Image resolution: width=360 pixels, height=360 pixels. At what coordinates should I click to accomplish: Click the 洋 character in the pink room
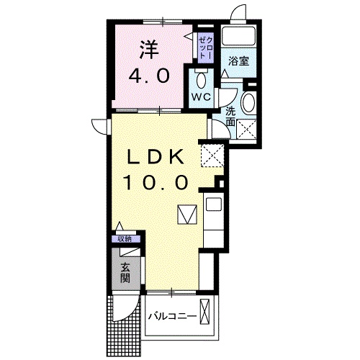(148, 48)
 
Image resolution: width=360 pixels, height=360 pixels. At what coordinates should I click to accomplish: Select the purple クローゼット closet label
(204, 46)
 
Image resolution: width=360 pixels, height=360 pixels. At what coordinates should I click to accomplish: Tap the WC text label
(200, 96)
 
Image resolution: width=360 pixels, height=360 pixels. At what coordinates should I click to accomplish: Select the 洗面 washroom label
(230, 117)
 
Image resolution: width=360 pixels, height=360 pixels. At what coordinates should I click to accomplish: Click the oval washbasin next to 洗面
(248, 103)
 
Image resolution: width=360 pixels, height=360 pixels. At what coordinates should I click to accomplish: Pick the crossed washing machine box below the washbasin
(248, 130)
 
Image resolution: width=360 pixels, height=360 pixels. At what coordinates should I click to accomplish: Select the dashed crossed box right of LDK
(211, 154)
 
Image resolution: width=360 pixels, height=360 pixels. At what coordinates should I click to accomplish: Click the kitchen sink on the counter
(215, 204)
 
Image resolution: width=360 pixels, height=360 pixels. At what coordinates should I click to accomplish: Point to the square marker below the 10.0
(187, 215)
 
